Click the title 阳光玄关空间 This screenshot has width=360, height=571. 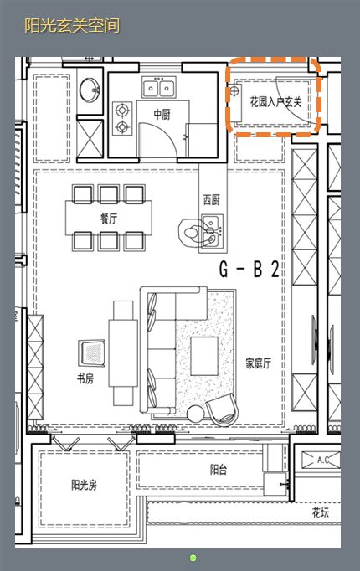pos(72,26)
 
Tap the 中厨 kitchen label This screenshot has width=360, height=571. pos(162,114)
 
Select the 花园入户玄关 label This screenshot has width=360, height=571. pos(275,102)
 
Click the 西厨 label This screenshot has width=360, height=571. pos(211,199)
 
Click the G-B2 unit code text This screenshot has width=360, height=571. pos(249,270)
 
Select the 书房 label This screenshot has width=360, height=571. pos(85,378)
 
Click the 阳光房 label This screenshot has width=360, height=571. pos(85,485)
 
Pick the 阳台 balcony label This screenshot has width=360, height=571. pos(218,470)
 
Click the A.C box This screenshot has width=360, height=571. pos(327,460)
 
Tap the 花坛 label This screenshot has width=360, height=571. pos(321,512)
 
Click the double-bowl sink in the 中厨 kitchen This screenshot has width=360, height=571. pos(159,87)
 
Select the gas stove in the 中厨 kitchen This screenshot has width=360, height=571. pos(124,118)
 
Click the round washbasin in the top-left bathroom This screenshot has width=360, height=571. pos(89,88)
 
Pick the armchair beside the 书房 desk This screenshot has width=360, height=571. pos(90,352)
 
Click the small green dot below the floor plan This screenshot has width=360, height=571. pos(193,558)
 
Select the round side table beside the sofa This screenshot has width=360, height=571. pos(196,413)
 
